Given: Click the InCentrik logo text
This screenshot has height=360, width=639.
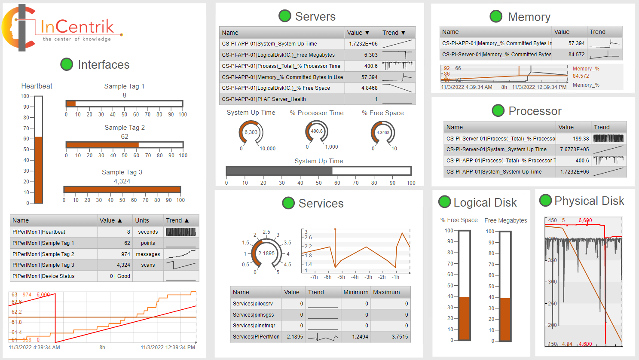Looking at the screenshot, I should coord(77,27).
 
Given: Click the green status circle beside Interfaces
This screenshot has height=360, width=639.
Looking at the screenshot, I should coord(67,64).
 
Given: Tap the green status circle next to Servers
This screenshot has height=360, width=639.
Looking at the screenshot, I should coord(284,16).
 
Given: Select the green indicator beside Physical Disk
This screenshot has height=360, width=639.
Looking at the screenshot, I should coord(545,200).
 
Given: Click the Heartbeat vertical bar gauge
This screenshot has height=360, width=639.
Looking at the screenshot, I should coord(39,149).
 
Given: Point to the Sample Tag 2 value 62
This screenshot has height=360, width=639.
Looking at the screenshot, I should coord(125,137).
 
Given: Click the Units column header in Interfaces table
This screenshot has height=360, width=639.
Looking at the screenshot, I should coord(142,220).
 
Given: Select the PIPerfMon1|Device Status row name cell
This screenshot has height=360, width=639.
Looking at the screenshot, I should coord(44,276).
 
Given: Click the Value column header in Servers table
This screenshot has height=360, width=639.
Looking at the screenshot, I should coord(358,33).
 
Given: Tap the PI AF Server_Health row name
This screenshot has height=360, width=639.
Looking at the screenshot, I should coord(264,99).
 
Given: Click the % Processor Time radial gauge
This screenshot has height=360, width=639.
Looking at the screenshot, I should coord(317,131).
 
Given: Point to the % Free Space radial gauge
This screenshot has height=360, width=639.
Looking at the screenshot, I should coord(383,133).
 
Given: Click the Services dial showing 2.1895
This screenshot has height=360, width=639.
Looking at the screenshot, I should coord(266,253).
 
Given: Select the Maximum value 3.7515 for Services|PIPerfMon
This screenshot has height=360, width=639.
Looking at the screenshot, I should coord(400,337).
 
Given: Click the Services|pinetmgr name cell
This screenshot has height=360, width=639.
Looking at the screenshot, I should coord(254,326).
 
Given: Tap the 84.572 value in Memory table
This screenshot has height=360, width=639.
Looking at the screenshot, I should coord(576,55).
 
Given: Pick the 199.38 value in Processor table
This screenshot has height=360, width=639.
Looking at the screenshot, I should coord(581,139).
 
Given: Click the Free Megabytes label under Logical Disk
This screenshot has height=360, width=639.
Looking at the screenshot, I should coord(505,220).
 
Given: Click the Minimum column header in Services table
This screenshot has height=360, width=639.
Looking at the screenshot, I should coord(355,292).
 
